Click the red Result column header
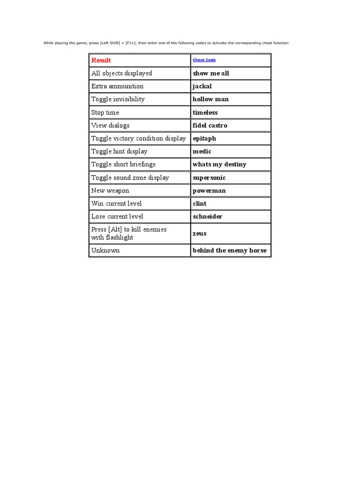point(101,60)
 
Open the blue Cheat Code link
point(204,60)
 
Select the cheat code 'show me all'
point(211,74)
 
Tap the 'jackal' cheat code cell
point(202,86)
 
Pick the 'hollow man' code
point(210,99)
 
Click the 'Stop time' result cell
point(105,112)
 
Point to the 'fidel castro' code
point(210,126)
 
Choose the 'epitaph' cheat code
point(204,139)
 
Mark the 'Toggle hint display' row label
point(120,151)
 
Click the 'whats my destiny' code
point(219,165)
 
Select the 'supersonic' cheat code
point(209,178)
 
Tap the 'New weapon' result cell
point(110,191)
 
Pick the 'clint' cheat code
point(200,203)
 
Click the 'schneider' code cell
point(208,217)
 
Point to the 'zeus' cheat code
point(200,233)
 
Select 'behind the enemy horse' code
point(230,251)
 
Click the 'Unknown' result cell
point(105,251)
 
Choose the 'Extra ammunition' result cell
point(118,86)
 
